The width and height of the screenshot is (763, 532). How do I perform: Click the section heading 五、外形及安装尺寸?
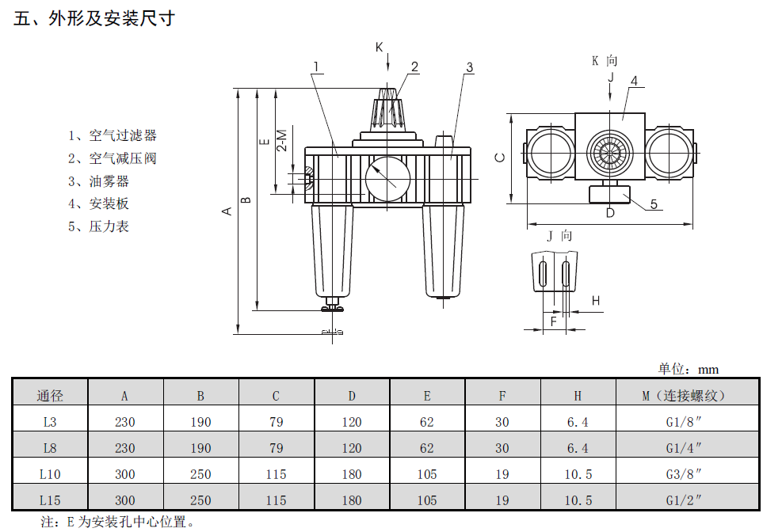pos(94,18)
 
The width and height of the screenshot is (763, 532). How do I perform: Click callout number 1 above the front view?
pos(315,66)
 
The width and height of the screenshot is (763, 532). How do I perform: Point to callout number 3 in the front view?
pos(469,67)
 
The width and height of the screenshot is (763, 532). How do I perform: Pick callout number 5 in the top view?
pos(654,204)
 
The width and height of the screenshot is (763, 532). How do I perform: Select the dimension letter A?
pos(227,211)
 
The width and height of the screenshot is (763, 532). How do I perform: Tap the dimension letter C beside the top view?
pos(500,157)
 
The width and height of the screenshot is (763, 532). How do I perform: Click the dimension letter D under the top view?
pos(609,212)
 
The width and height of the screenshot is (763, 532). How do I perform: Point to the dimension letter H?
pos(596,300)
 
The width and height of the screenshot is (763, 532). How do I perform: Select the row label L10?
pos(49,474)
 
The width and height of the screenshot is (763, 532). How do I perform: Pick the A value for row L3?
pos(125,422)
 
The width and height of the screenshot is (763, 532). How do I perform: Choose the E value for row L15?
pos(427,500)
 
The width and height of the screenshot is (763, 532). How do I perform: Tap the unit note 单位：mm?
pos(688,369)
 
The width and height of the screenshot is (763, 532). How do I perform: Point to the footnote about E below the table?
pos(118,522)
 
